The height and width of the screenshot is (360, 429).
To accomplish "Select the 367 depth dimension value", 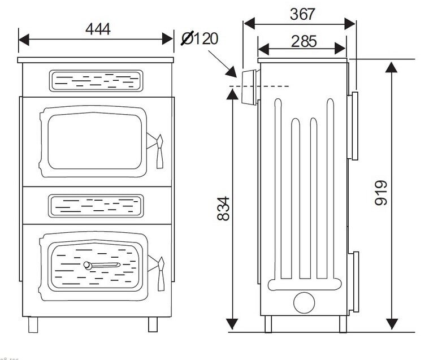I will [x=302, y=14].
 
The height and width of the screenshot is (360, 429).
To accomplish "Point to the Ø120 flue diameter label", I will [x=199, y=39].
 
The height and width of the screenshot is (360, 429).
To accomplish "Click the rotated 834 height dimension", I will [x=224, y=209].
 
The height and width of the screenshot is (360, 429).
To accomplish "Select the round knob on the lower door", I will [x=88, y=265].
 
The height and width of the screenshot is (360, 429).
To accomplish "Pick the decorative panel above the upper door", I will [x=96, y=81].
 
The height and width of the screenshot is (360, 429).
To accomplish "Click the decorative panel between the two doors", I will [x=96, y=206].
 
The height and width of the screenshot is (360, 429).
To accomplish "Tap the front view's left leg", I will [x=33, y=324].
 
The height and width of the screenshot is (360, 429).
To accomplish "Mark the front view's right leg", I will [x=153, y=324].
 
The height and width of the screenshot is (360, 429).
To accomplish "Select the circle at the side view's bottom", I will [x=304, y=303].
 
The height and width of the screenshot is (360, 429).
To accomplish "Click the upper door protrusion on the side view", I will [x=354, y=125].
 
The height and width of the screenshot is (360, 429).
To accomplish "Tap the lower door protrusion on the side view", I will [x=355, y=281].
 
